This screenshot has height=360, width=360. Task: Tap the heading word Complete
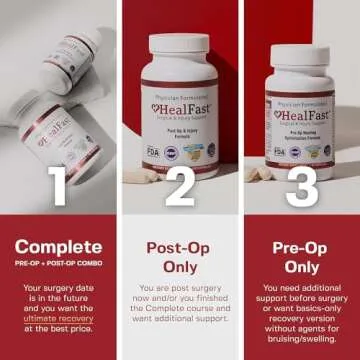point(58,246)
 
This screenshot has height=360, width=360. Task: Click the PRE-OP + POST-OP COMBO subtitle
point(58,265)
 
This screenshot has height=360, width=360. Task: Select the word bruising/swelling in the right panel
point(302,337)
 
